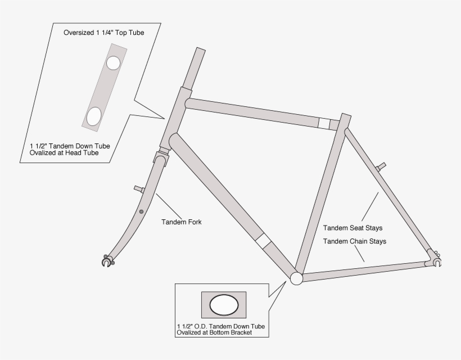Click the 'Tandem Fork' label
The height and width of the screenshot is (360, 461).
point(181,222)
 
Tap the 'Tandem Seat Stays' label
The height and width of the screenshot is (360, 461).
point(352,228)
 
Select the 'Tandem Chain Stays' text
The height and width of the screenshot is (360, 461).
point(354,241)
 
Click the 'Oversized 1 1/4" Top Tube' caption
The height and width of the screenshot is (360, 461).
point(103,33)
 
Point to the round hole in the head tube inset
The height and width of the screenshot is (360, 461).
point(113,62)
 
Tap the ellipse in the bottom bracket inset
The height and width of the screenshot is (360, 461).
point(224,305)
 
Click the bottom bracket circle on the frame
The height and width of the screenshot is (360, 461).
point(296,278)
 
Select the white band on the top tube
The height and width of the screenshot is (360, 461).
point(323,123)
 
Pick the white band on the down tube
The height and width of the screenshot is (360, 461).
point(263,241)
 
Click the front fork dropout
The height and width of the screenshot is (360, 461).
point(107,262)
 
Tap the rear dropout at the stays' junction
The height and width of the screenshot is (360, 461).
point(435,259)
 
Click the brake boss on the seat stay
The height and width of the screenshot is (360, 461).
point(382,166)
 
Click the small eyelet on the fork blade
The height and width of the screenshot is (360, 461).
point(141,212)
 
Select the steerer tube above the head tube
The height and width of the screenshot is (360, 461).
point(197,67)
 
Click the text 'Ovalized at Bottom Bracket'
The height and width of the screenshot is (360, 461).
point(214,332)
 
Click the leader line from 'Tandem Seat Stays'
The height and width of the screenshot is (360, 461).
point(370,206)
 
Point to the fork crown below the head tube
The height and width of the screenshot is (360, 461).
point(161,159)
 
